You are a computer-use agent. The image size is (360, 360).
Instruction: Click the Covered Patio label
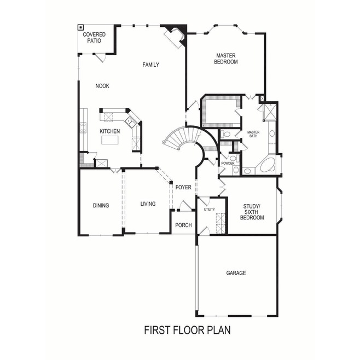[94, 38]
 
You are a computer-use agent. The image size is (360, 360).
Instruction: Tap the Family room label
[150, 65]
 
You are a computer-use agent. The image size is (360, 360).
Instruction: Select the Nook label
[102, 85]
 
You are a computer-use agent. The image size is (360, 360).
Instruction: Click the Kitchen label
[109, 131]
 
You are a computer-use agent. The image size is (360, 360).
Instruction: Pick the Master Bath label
[253, 134]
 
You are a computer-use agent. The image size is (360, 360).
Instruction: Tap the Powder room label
[228, 164]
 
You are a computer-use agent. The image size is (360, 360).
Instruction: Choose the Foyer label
[183, 187]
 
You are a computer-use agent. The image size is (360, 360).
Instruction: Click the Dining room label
[101, 206]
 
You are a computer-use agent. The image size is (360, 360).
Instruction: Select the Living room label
[148, 204]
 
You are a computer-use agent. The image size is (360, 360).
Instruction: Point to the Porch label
[183, 225]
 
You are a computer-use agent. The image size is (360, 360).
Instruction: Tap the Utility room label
[209, 209]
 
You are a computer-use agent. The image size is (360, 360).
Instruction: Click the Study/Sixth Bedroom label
[253, 212]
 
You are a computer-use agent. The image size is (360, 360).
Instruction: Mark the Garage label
[236, 272]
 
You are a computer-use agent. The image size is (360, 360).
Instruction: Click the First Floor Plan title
[188, 330]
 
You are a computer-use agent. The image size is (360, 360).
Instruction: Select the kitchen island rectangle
[109, 141]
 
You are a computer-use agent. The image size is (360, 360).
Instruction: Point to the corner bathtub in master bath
[268, 166]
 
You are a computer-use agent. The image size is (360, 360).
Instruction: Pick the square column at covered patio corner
[81, 27]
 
